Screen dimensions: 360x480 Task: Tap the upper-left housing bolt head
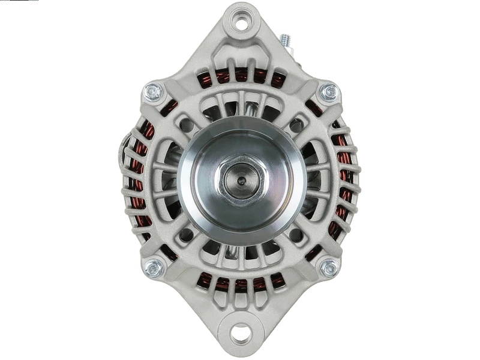[154, 92]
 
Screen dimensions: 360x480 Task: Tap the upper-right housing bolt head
[329, 92]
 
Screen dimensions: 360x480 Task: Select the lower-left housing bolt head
[154, 268]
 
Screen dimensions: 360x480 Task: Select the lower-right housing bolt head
[329, 268]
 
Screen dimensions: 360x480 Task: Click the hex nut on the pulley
[241, 179]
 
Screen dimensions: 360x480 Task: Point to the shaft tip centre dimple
[241, 179]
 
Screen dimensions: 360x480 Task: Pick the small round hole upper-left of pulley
[187, 125]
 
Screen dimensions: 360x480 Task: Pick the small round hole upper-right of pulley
[296, 125]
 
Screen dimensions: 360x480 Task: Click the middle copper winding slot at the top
[241, 75]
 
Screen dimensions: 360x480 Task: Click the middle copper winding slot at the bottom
[241, 284]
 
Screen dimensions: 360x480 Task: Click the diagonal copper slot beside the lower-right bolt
[313, 252]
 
